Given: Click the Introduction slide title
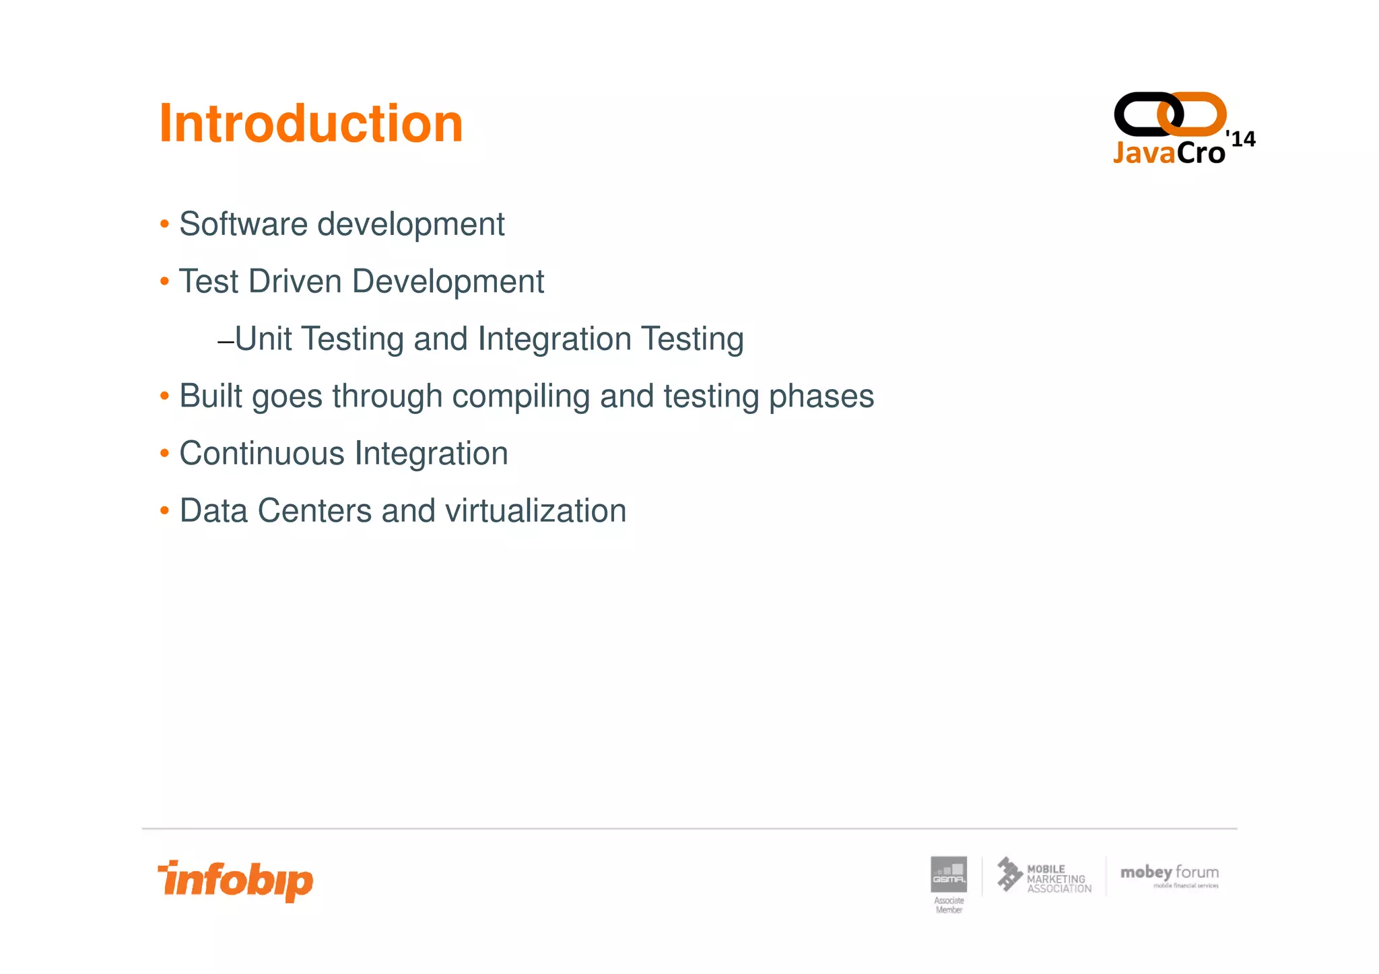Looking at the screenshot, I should [x=310, y=124].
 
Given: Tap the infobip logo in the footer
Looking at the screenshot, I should [x=236, y=880].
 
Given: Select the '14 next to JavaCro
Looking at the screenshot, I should [x=1241, y=139].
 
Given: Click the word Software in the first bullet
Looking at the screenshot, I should [x=243, y=224].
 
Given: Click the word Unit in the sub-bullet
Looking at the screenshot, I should [x=263, y=339].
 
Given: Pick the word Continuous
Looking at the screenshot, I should [x=262, y=454].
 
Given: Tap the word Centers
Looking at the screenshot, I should [x=314, y=511].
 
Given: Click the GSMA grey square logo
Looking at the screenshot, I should [x=948, y=874].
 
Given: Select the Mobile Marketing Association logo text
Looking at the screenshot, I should [x=1058, y=878].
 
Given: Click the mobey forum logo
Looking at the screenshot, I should [x=1169, y=874].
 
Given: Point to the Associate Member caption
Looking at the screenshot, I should [x=948, y=905].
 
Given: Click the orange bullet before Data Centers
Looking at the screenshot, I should [x=164, y=511].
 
